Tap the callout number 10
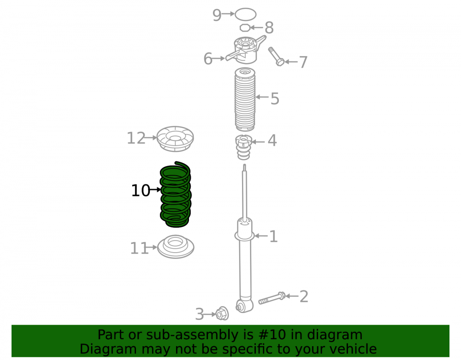pyautogui.click(x=141, y=190)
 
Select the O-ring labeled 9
pyautogui.click(x=245, y=14)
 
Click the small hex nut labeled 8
pyautogui.click(x=245, y=28)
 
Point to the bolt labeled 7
pyautogui.click(x=276, y=56)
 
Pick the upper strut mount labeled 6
pyautogui.click(x=246, y=49)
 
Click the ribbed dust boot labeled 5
pyautogui.click(x=245, y=99)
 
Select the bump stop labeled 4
pyautogui.click(x=244, y=147)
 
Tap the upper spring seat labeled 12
pyautogui.click(x=175, y=139)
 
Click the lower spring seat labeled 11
pyautogui.click(x=176, y=247)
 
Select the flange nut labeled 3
pyautogui.click(x=222, y=313)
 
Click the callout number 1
pyautogui.click(x=273, y=236)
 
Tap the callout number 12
pyautogui.click(x=136, y=138)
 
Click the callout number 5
pyautogui.click(x=275, y=99)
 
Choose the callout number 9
pyautogui.click(x=217, y=15)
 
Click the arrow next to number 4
pyautogui.click(x=258, y=142)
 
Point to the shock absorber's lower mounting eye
pyautogui.click(x=244, y=306)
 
